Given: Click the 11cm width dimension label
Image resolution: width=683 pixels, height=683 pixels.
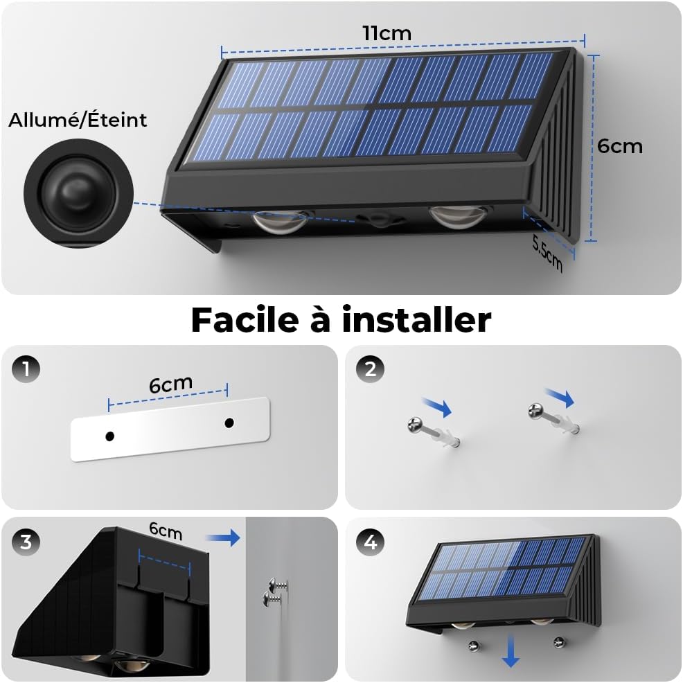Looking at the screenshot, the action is click(x=387, y=33).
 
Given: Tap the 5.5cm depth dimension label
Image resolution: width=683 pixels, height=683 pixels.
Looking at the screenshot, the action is click(x=547, y=254).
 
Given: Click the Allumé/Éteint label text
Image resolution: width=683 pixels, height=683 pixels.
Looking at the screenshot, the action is click(x=78, y=120).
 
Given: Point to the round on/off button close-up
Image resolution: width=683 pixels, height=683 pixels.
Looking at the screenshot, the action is click(x=78, y=193).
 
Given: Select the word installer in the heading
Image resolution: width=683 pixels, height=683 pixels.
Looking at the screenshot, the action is click(x=417, y=320).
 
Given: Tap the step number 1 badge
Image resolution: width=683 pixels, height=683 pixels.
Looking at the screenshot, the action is click(x=26, y=369).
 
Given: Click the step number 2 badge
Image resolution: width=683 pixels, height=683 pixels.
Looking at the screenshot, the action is click(x=370, y=369).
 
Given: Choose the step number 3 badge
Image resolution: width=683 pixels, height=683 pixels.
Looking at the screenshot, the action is click(x=26, y=542).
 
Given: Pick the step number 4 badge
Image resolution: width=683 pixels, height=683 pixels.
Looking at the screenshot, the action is click(x=370, y=542).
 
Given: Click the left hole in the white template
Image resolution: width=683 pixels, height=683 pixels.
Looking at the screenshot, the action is click(x=109, y=436).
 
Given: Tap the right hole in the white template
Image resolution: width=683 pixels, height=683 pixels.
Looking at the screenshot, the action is click(x=229, y=423).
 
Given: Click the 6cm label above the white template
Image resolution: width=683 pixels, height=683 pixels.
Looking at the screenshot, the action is click(x=170, y=384).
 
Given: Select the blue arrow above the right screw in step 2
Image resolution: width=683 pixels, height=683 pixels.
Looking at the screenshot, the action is click(x=560, y=398).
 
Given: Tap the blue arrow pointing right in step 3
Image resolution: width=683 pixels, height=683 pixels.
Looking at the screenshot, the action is click(x=222, y=538).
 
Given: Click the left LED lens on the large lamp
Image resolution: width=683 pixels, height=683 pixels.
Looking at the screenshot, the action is click(x=281, y=221).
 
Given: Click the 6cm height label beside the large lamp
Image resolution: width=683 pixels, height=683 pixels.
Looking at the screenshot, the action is click(x=620, y=146).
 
